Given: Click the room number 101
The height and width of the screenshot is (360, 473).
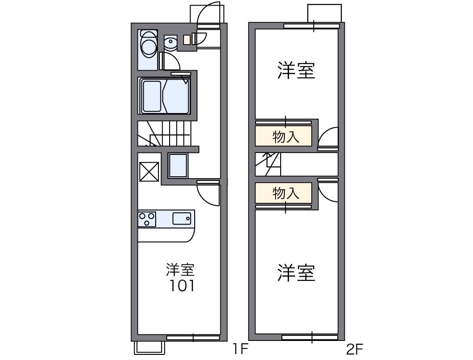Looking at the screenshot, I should (181, 285).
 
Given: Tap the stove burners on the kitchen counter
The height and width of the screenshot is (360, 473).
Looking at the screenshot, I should (147, 219).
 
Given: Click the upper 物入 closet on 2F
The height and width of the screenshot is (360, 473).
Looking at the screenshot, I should (283, 137).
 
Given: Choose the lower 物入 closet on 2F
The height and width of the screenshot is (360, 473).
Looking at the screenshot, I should (283, 193).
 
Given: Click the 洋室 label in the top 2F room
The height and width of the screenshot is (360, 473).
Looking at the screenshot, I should (296, 70).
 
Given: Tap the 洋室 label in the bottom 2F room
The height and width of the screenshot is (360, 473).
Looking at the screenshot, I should (296, 273).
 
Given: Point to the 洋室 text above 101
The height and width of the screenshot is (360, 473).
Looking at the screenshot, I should (181, 269).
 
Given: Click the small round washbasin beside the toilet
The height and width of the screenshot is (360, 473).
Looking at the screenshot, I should (171, 43).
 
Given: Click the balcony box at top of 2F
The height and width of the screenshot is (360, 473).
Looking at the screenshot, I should (324, 13).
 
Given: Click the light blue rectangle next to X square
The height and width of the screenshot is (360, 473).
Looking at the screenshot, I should (178, 166).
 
